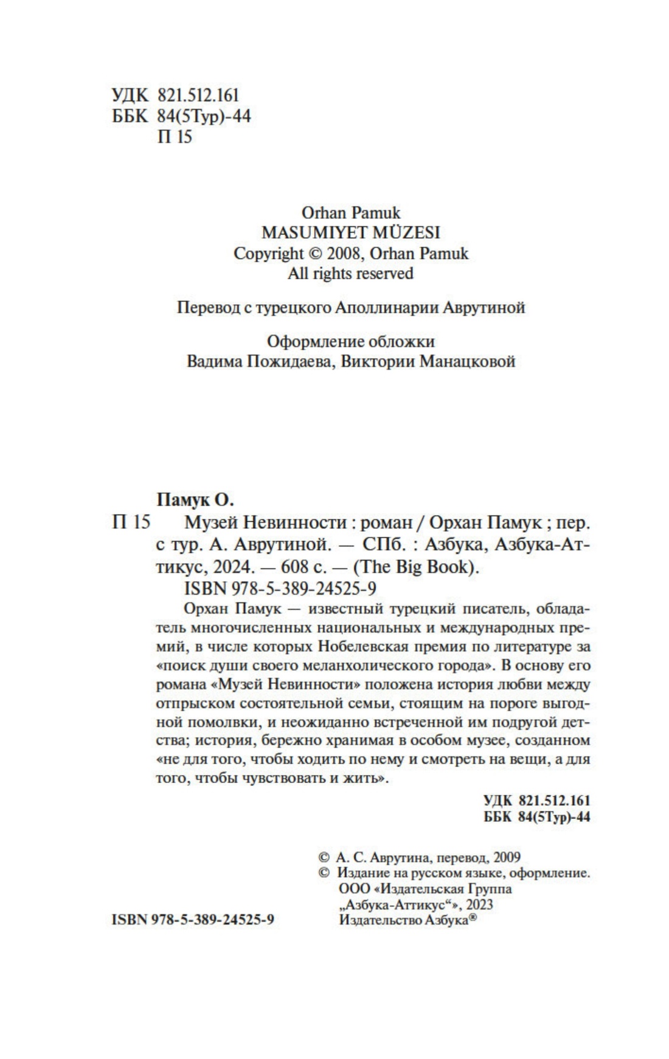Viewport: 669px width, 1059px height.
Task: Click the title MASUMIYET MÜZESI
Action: point(350,232)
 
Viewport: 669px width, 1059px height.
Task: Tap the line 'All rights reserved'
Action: point(350,274)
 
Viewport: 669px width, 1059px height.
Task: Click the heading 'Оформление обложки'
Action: point(351,341)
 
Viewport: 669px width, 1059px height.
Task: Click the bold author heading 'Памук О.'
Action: point(196,500)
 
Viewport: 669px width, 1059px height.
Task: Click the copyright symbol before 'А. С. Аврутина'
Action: point(323,857)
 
